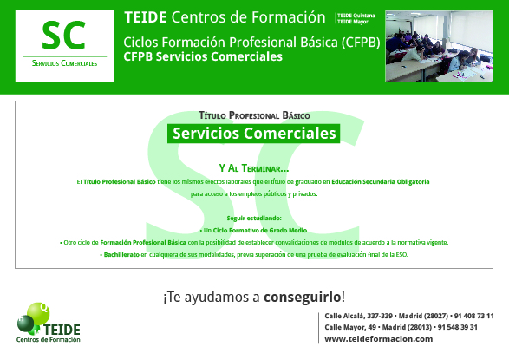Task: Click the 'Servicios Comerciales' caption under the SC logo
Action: pos(64,64)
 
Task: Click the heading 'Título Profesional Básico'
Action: pos(254,115)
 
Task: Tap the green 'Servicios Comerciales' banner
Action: pos(254,134)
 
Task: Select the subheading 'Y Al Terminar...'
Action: pos(254,168)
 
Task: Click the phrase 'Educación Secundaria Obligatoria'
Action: pos(382,182)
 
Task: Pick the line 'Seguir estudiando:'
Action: pos(254,217)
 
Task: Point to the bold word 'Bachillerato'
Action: pos(121,256)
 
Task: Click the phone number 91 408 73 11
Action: pos(473,316)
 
